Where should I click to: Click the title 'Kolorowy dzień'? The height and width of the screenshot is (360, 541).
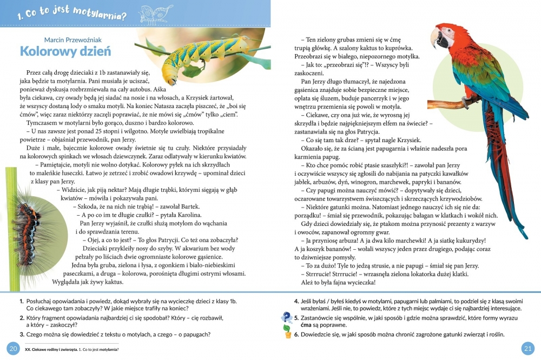click(x=65, y=52)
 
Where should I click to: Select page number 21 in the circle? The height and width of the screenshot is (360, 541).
click(x=527, y=348)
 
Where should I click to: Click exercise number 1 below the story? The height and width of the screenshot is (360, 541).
click(x=21, y=301)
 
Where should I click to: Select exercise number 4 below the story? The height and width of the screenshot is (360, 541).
click(x=296, y=301)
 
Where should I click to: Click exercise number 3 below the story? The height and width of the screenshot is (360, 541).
click(x=21, y=334)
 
